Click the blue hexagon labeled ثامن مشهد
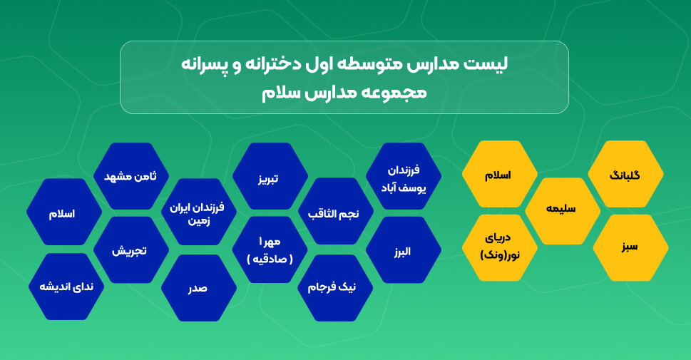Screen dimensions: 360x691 pyautogui.click(x=130, y=176)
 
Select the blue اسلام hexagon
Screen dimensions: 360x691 pyautogui.click(x=63, y=212)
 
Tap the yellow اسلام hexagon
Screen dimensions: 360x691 pyautogui.click(x=499, y=175)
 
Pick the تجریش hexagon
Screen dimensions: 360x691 pyautogui.click(x=130, y=250)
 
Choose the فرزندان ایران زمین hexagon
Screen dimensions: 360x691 pyautogui.click(x=197, y=212)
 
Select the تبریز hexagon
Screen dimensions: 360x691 pyautogui.click(x=269, y=176)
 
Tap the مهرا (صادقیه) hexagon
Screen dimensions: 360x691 pyautogui.click(x=270, y=250)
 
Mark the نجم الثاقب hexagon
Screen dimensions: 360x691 pyautogui.click(x=334, y=212)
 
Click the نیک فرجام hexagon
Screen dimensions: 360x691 pyautogui.click(x=335, y=287)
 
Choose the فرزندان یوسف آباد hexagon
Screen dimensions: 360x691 pyautogui.click(x=403, y=176)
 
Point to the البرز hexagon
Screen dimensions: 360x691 pyautogui.click(x=403, y=250)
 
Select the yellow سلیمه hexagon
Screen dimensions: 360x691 pyautogui.click(x=563, y=211)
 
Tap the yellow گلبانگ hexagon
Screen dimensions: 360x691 pyautogui.click(x=626, y=175)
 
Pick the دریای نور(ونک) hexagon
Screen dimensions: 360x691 pyautogui.click(x=499, y=248)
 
